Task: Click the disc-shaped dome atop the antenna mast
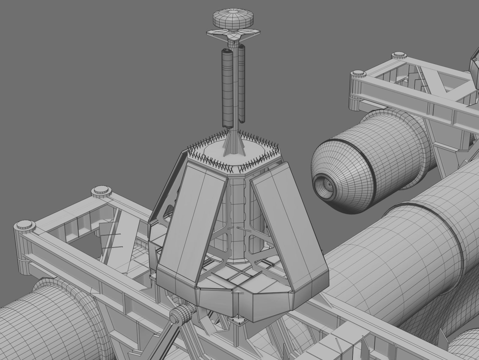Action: click(233, 19)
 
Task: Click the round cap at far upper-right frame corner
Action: click(398, 55)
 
